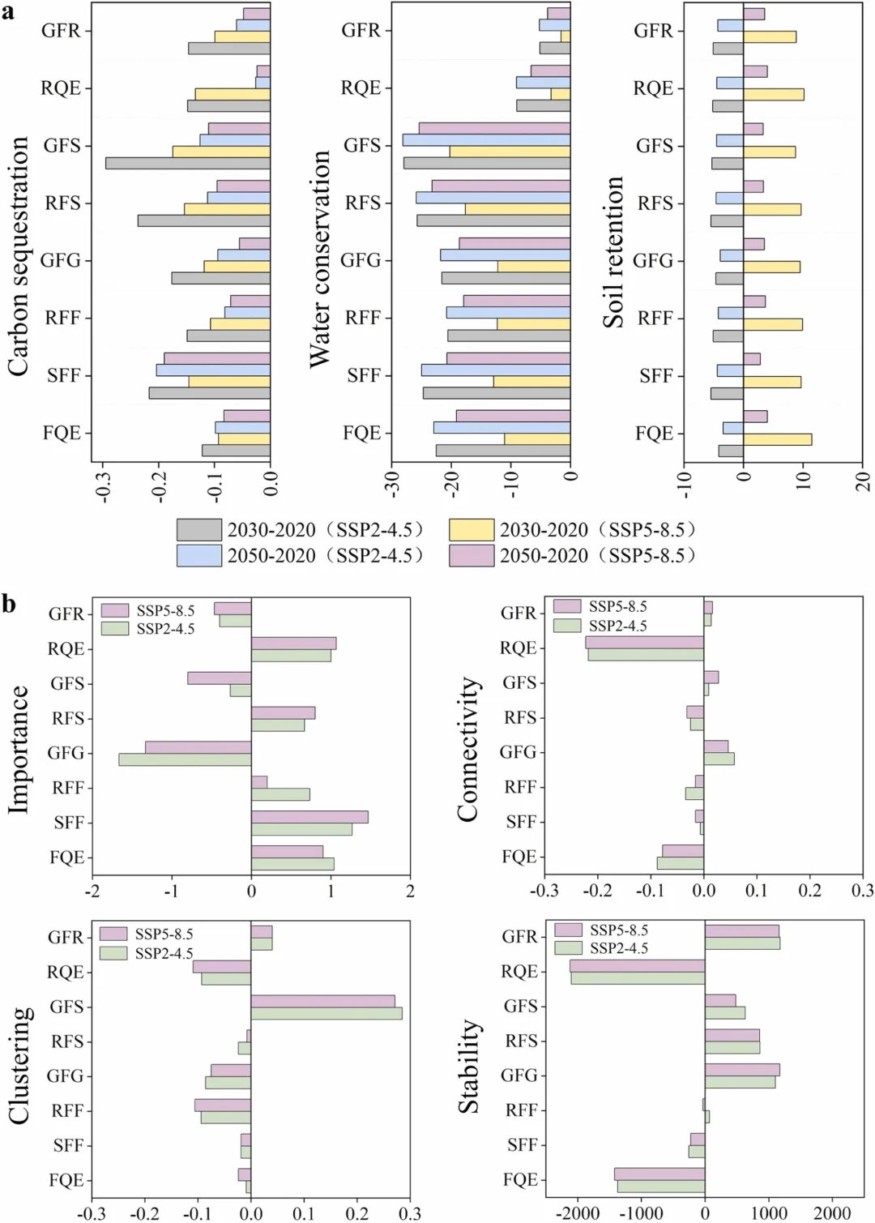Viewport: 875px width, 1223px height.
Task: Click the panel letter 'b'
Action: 9,604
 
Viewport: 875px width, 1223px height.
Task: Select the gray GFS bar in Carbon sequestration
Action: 188,164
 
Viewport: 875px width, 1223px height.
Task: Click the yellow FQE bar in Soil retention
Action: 777,439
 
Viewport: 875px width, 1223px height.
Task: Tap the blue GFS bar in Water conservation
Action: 486,140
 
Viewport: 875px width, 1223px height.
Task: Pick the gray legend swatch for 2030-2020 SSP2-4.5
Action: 198,530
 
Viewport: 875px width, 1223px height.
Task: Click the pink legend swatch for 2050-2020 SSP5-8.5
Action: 472,555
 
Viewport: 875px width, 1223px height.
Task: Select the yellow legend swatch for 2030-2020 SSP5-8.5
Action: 472,530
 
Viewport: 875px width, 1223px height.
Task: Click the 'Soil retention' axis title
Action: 613,252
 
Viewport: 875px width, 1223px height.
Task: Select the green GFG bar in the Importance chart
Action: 185,759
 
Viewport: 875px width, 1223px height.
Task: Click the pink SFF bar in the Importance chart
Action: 309,817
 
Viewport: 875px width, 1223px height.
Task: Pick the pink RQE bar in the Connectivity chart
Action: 644,642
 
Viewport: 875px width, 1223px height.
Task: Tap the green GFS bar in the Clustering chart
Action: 327,1013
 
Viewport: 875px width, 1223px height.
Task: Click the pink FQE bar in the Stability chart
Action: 659,1174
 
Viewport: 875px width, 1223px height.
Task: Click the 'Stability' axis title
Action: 469,1066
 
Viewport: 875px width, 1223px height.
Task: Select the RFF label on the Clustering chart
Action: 67,1110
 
